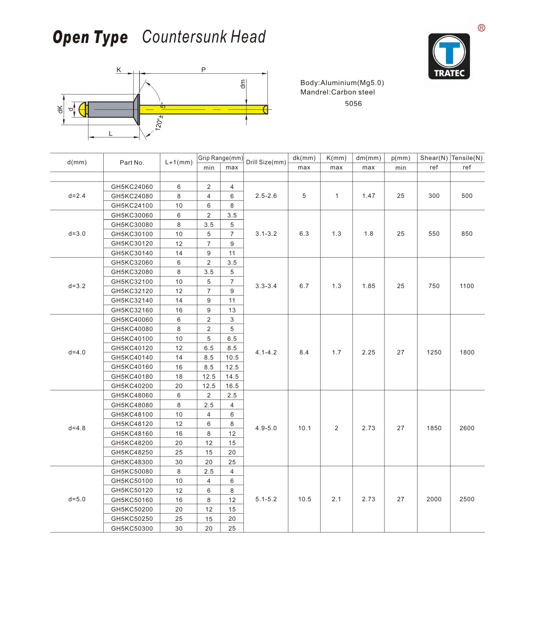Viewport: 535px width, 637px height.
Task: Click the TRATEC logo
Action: [449, 56]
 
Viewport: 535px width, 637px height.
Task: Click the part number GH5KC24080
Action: [132, 196]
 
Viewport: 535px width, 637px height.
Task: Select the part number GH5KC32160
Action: [132, 310]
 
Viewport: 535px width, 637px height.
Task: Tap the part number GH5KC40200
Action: [132, 386]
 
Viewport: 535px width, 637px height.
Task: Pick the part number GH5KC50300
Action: [132, 528]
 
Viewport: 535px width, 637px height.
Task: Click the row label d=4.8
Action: [77, 428]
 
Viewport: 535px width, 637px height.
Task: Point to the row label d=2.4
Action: [77, 196]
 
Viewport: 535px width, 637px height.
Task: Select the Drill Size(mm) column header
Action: [266, 162]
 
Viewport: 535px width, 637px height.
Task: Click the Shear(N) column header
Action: [434, 158]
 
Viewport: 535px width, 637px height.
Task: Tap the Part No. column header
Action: [132, 163]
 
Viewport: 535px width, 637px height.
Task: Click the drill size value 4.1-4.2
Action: [266, 352]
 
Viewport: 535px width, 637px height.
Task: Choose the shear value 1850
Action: [434, 428]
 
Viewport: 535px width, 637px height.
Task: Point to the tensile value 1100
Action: [467, 286]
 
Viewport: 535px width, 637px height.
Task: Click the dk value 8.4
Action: [304, 352]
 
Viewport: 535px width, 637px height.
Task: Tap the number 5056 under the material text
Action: [353, 104]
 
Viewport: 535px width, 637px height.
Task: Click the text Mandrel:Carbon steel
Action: [338, 92]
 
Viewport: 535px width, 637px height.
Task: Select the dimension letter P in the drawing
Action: [204, 70]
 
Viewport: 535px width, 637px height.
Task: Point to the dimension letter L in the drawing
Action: [111, 134]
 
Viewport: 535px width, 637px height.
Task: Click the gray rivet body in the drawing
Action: [111, 109]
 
